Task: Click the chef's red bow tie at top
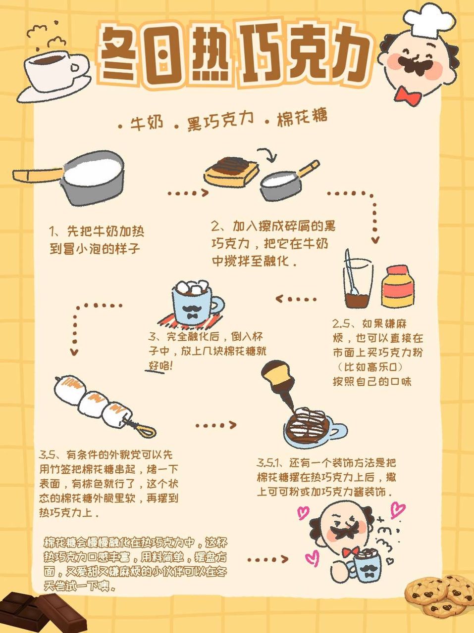click(408, 96)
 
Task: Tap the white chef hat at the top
click(429, 21)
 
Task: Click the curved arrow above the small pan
click(268, 155)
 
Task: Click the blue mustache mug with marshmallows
click(195, 302)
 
